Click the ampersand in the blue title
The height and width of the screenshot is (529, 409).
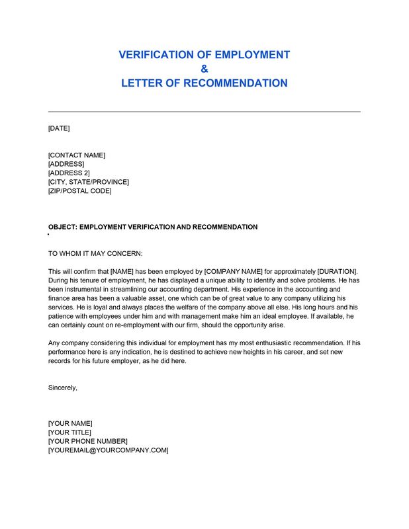[204, 69]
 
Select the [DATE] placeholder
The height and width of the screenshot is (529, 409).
[59, 128]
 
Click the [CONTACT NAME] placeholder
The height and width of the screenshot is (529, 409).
[77, 155]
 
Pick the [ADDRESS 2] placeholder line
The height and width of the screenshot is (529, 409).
[69, 173]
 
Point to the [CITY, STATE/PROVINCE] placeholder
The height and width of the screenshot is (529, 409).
[89, 182]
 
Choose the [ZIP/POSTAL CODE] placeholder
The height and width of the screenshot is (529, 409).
[80, 191]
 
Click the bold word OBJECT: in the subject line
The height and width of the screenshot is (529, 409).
[63, 227]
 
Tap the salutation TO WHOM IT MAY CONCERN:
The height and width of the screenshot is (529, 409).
[95, 253]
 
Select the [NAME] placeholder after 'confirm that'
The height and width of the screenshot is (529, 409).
[122, 272]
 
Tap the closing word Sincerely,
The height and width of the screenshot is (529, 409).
[63, 387]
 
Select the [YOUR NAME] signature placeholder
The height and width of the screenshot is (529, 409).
[70, 423]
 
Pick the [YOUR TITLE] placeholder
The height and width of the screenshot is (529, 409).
[69, 432]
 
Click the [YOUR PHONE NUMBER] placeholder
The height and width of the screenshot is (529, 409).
[88, 441]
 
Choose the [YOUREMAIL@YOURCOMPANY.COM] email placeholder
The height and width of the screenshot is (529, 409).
[109, 450]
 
